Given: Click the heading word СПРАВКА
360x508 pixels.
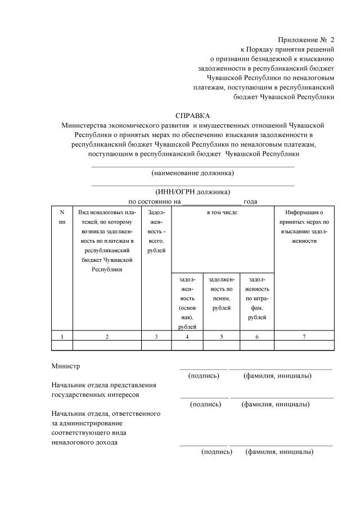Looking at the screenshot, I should pyautogui.click(x=192, y=115).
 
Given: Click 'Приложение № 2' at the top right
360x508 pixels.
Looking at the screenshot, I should pyautogui.click(x=306, y=40).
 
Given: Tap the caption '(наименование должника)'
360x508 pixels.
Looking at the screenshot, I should pyautogui.click(x=193, y=173).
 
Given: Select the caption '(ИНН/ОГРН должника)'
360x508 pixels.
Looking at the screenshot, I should pyautogui.click(x=193, y=191).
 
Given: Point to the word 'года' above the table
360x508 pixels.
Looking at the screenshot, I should pyautogui.click(x=251, y=201).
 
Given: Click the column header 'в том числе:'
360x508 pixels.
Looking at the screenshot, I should pyautogui.click(x=223, y=212).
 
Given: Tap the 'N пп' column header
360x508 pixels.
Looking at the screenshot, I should pyautogui.click(x=62, y=217).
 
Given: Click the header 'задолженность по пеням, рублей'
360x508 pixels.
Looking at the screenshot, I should pyautogui.click(x=221, y=293).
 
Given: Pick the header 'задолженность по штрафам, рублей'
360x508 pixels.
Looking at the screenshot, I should pyautogui.click(x=256, y=298).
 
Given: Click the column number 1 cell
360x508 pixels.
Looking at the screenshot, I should pyautogui.click(x=62, y=336).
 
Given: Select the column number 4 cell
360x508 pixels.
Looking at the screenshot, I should pyautogui.click(x=187, y=336).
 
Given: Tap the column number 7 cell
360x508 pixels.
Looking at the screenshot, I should pyautogui.click(x=304, y=336).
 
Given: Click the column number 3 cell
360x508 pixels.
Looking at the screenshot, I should pyautogui.click(x=156, y=336).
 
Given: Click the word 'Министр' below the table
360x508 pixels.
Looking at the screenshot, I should pyautogui.click(x=65, y=366).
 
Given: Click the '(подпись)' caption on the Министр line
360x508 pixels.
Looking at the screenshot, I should pyautogui.click(x=204, y=375).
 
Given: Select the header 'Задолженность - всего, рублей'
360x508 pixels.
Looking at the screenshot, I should pyautogui.click(x=156, y=231).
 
